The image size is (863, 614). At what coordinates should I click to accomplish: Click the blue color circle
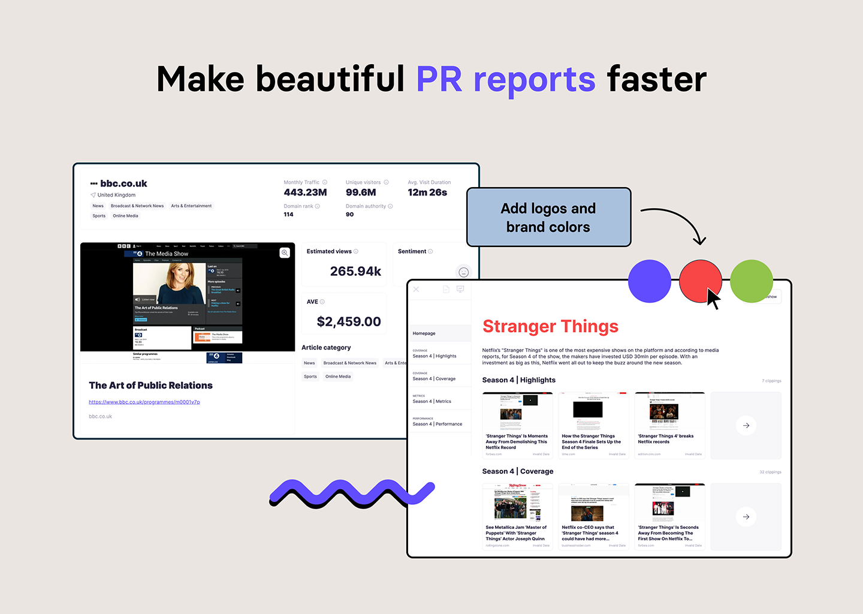tap(649, 281)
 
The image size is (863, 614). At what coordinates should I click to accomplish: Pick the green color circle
tap(752, 281)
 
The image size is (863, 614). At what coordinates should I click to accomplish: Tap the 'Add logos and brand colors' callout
tap(548, 218)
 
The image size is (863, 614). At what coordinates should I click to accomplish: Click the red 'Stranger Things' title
tap(550, 326)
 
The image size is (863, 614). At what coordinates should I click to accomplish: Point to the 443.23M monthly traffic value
tap(305, 192)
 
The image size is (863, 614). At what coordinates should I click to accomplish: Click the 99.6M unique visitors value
tap(361, 192)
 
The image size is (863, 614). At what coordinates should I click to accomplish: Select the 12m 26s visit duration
tap(427, 192)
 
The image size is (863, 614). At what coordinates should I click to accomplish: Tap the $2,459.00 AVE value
tap(349, 321)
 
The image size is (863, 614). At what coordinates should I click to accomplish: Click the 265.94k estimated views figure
tap(355, 271)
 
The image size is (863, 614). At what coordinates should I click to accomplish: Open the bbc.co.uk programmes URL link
tap(144, 402)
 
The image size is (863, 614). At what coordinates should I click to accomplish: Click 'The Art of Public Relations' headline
tap(150, 386)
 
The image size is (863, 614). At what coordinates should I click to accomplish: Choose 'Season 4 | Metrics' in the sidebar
tap(431, 401)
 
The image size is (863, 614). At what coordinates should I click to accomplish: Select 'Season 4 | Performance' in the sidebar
tap(437, 424)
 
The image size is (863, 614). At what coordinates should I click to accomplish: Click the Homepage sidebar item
tap(424, 333)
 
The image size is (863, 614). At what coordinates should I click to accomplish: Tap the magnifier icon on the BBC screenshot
tap(285, 253)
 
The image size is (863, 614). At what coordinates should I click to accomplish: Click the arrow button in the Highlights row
tap(746, 426)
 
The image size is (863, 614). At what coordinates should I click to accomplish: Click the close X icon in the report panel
tap(416, 289)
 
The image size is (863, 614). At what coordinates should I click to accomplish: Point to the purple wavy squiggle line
tap(352, 493)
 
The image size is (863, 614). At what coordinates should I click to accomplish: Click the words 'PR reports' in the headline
tap(505, 79)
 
